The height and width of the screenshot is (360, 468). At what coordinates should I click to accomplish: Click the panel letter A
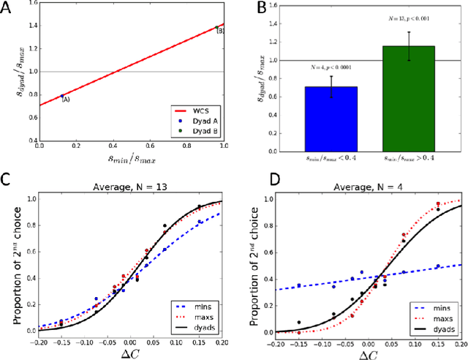[x=10, y=10]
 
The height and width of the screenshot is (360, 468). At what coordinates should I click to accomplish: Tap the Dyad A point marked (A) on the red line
[x=62, y=95]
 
